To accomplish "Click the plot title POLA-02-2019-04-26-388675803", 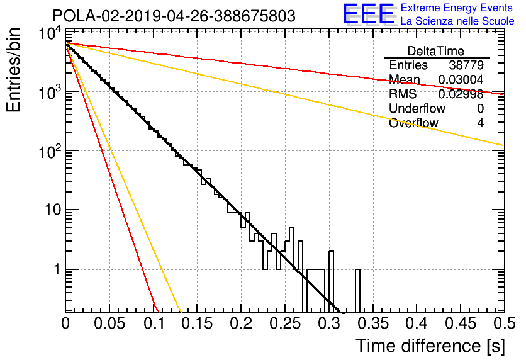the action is click(174, 16).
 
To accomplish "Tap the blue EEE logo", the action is click(368, 14).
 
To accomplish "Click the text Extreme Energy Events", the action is click(457, 8).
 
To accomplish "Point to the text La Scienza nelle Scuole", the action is click(457, 21).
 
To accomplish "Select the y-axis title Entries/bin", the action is click(13, 70).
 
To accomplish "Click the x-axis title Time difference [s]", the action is click(430, 346).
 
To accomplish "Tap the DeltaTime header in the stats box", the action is click(435, 51).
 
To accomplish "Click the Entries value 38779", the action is click(466, 65).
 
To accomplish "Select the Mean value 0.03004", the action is click(461, 79).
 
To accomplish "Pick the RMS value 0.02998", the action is click(461, 94).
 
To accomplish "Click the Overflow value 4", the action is click(480, 123).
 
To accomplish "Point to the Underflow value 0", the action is click(480, 109).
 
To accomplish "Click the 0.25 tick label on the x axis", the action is click(285, 323).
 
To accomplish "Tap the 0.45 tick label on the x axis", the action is click(461, 323).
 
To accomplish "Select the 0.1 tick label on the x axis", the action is click(154, 323).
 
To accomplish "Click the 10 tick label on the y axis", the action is click(53, 210).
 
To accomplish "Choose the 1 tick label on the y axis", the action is click(58, 269).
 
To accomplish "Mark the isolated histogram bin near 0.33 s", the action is click(357, 291).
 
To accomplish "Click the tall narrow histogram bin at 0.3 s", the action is click(332, 281).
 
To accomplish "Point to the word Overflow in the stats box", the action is click(413, 123).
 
